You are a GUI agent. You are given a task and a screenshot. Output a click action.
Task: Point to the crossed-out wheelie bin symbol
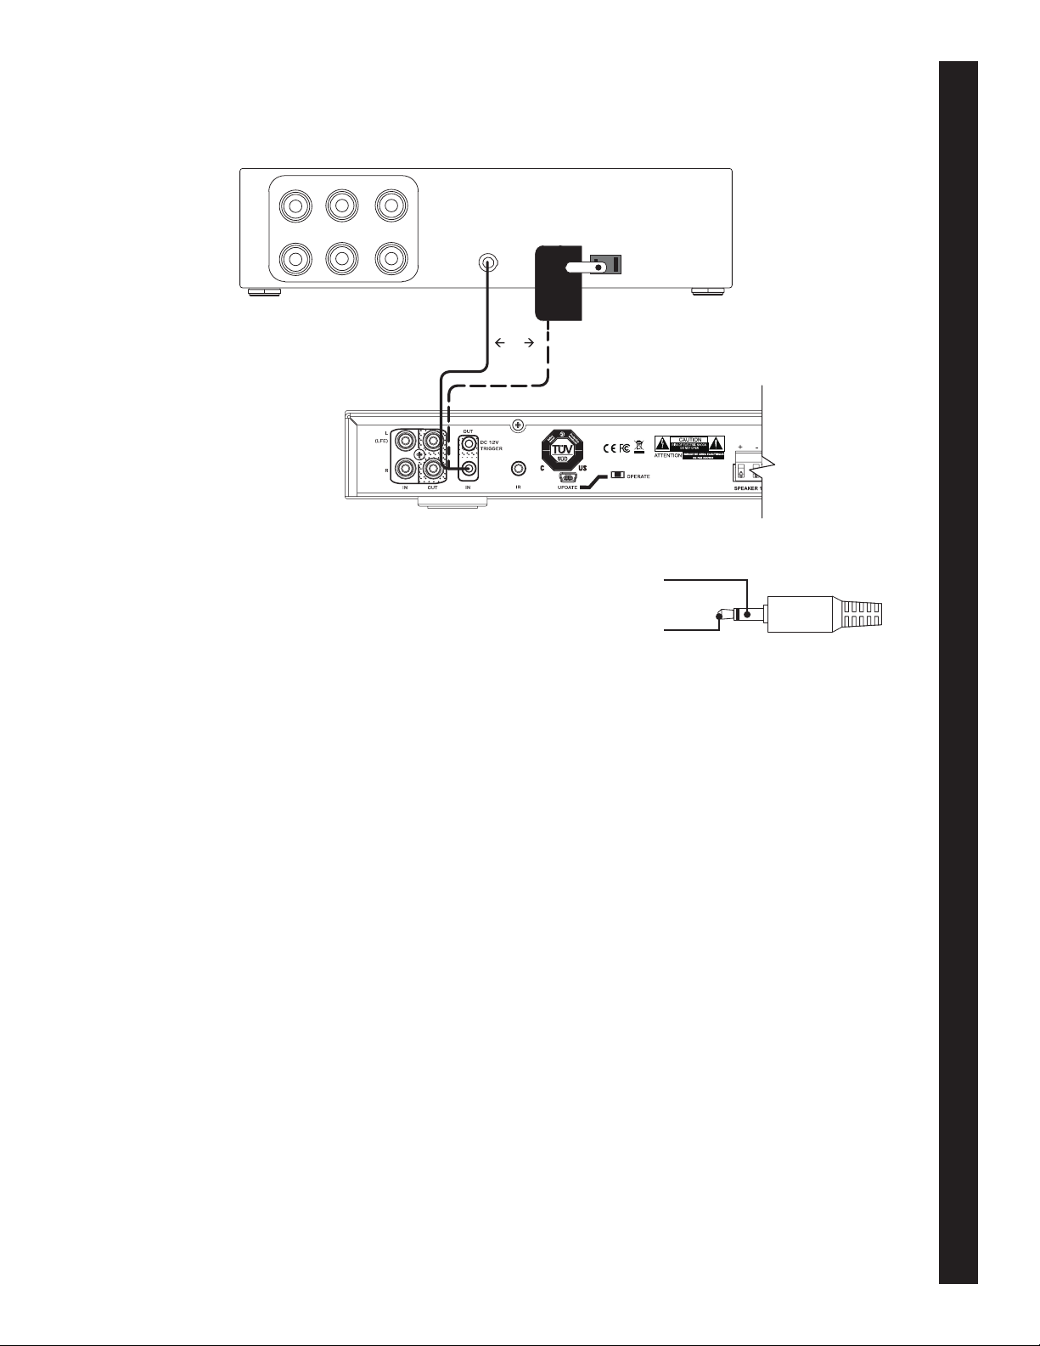638,448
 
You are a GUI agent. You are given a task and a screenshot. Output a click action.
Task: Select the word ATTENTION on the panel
668,455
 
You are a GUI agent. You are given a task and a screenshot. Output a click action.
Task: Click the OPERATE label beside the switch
638,476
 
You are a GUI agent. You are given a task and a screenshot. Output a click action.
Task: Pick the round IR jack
517,468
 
